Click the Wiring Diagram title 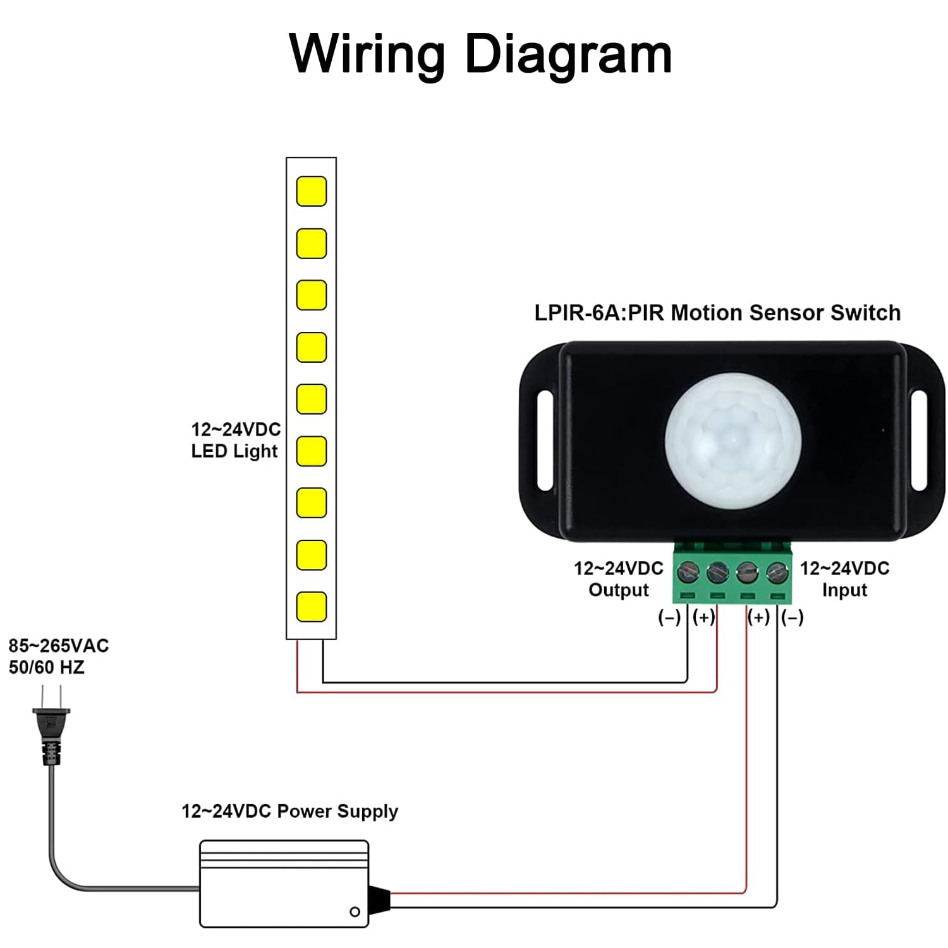(x=480, y=54)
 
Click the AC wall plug (x=51, y=727)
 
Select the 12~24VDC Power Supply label (x=289, y=811)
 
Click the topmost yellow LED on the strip (x=312, y=191)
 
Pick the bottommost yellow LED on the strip (x=312, y=607)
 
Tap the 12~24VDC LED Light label (x=236, y=440)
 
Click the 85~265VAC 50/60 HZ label (x=58, y=656)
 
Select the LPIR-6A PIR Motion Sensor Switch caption (x=717, y=313)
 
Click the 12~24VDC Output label (x=619, y=579)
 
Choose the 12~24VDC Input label (x=844, y=579)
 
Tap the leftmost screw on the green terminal (x=688, y=573)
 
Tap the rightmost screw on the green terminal (x=777, y=573)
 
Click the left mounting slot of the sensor (x=545, y=441)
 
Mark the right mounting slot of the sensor (x=919, y=441)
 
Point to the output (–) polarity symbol (x=669, y=617)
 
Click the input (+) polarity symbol (x=758, y=617)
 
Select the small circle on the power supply (x=355, y=911)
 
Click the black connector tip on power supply (x=379, y=901)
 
